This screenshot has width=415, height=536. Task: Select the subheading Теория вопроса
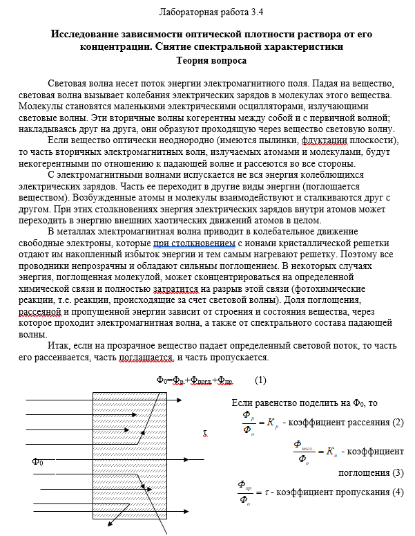pyautogui.click(x=207, y=59)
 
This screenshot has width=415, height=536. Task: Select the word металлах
pyautogui.click(x=88, y=232)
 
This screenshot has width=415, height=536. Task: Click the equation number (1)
pyautogui.click(x=260, y=380)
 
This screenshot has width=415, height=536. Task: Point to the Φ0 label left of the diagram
pyautogui.click(x=38, y=461)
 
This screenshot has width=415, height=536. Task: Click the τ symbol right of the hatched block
pyautogui.click(x=204, y=434)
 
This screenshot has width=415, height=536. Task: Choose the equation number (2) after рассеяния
pyautogui.click(x=397, y=422)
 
